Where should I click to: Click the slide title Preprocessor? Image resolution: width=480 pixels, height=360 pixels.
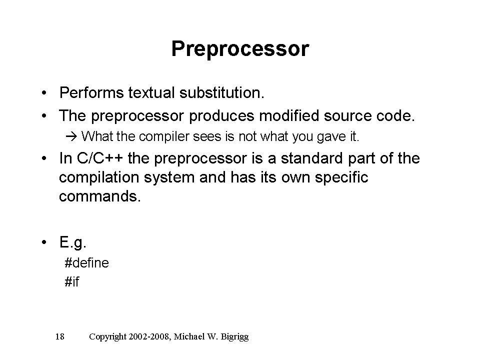coord(240,49)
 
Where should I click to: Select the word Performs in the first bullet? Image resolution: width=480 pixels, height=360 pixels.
coord(91,93)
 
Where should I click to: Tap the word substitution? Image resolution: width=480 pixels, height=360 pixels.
coord(221,93)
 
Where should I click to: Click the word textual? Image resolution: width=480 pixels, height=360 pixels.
coord(151,93)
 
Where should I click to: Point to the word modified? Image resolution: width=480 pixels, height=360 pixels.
coord(289,115)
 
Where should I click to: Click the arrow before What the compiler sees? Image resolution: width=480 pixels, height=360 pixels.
coord(71,136)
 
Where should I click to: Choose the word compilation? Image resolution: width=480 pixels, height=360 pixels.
coord(99,177)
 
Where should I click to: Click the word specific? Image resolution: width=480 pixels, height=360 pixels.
coord(341,177)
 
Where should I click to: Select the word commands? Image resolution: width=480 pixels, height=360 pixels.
coord(100,196)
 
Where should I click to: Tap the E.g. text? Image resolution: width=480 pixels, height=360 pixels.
coord(73,242)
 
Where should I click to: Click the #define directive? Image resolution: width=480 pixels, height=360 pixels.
coord(86,263)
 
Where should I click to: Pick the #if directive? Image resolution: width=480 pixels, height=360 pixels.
coord(72,281)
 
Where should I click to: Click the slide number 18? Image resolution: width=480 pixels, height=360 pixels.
coord(59,336)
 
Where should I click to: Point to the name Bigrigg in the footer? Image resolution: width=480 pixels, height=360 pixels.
coord(235,337)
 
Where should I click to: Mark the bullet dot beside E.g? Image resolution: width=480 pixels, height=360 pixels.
coord(44,242)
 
